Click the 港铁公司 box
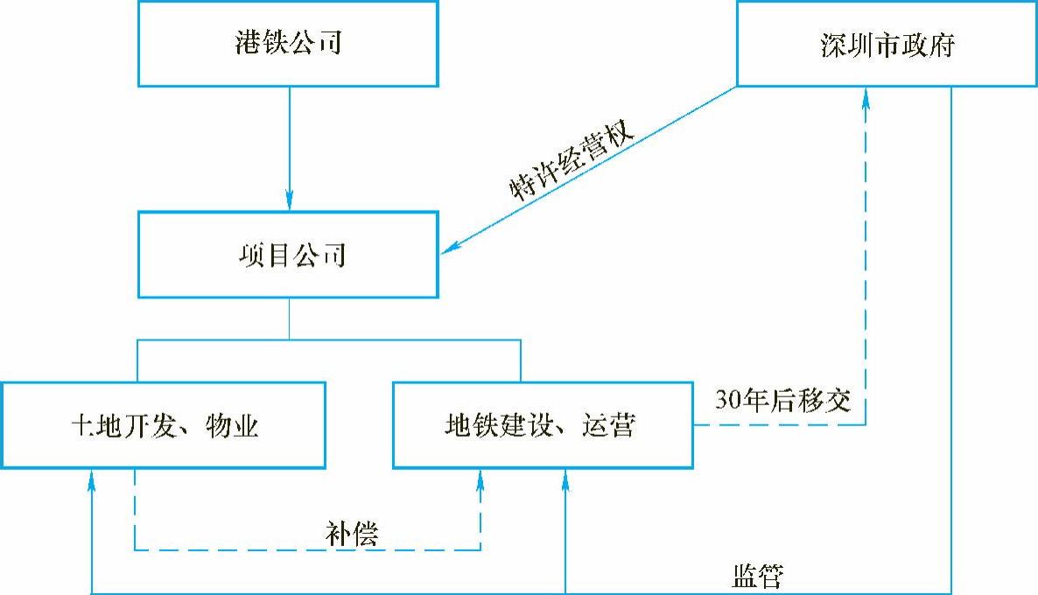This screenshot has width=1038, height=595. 288,44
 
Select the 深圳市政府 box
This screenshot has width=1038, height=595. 887,44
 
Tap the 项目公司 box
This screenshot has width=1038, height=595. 288,255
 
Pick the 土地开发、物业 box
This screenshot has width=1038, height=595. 164,424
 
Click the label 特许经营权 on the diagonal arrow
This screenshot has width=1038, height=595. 571,163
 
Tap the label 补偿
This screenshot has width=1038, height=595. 350,531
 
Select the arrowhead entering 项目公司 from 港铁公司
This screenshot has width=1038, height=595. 289,200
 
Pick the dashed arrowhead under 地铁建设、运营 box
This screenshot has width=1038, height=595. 480,478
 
